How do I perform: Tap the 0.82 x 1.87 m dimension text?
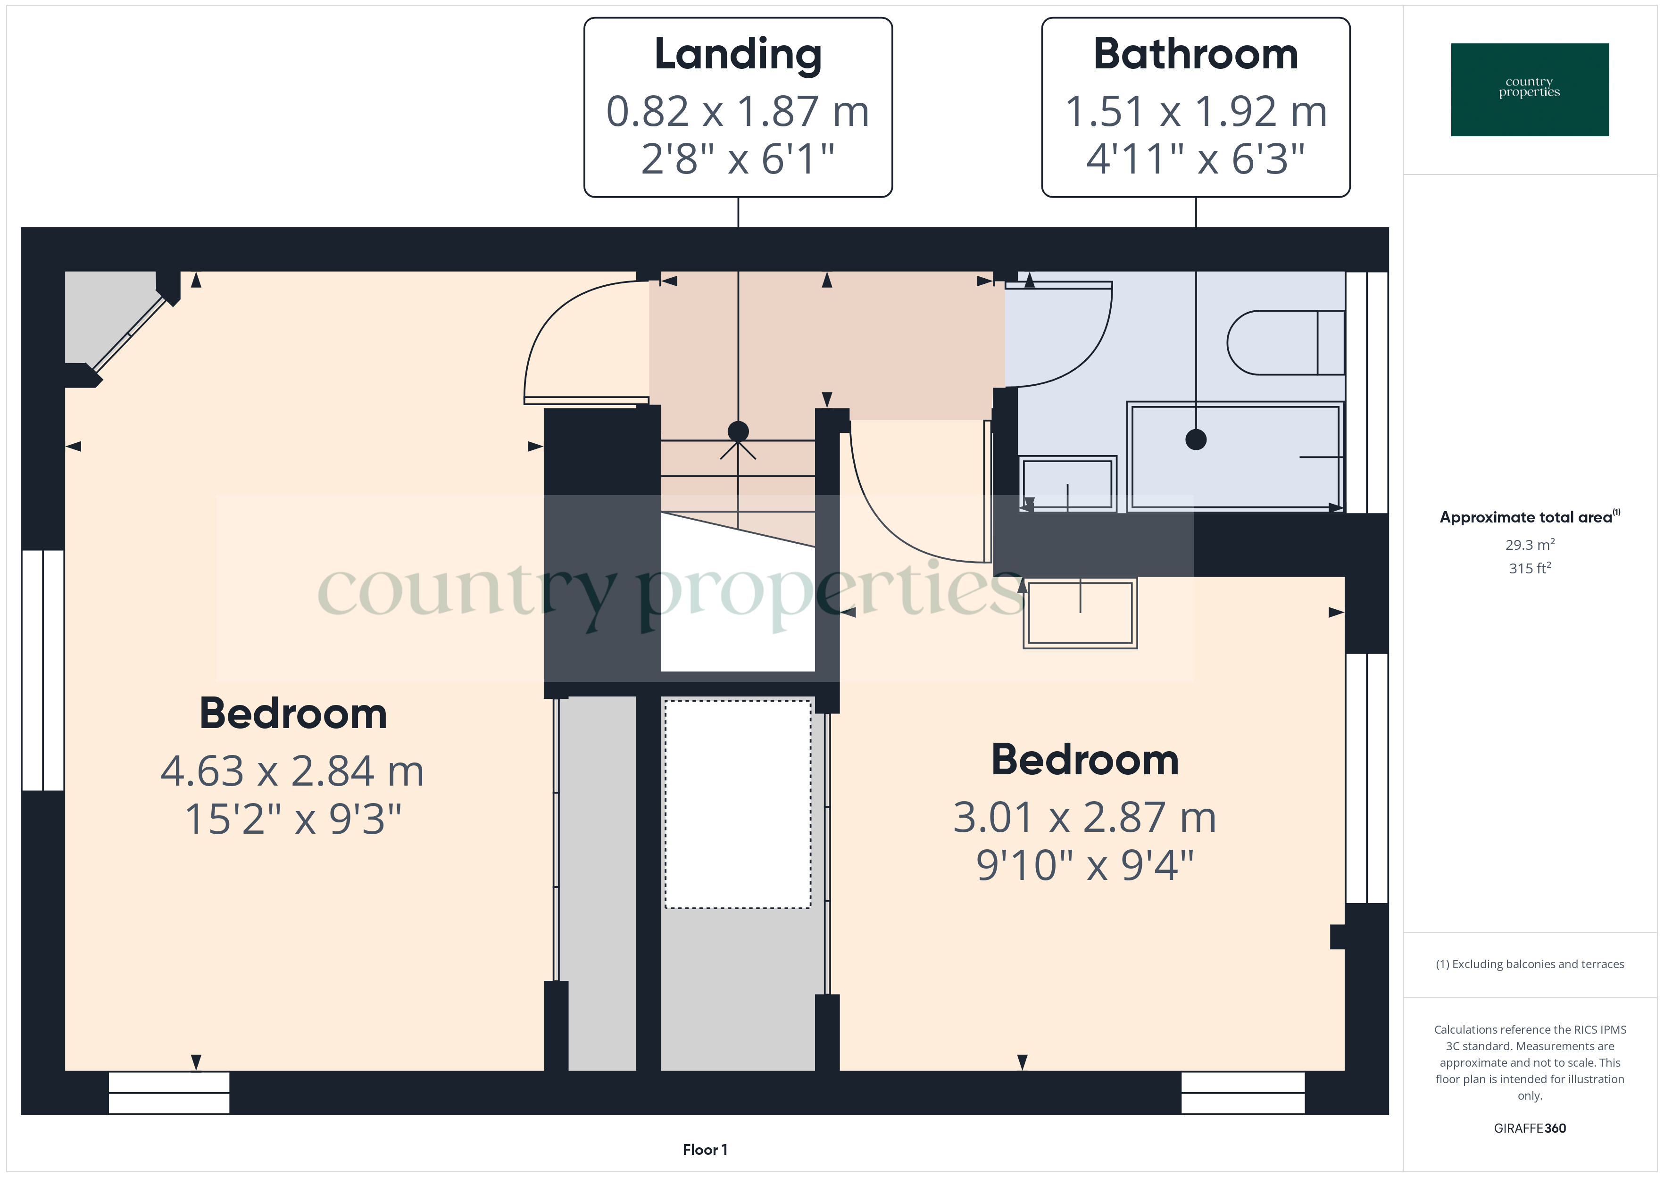738,112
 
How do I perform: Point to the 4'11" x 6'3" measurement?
1195,159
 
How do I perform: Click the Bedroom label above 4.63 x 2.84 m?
293,714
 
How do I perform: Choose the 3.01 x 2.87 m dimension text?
1084,818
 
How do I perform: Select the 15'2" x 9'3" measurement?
293,819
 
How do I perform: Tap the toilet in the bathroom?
1283,343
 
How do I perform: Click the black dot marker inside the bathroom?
1195,439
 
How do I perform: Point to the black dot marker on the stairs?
738,431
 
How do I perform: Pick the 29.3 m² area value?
1529,544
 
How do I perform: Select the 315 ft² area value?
1529,568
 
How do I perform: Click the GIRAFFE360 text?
1529,1127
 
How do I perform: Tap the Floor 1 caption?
705,1150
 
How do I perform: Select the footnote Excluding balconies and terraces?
1529,964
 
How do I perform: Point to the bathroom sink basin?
1067,483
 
